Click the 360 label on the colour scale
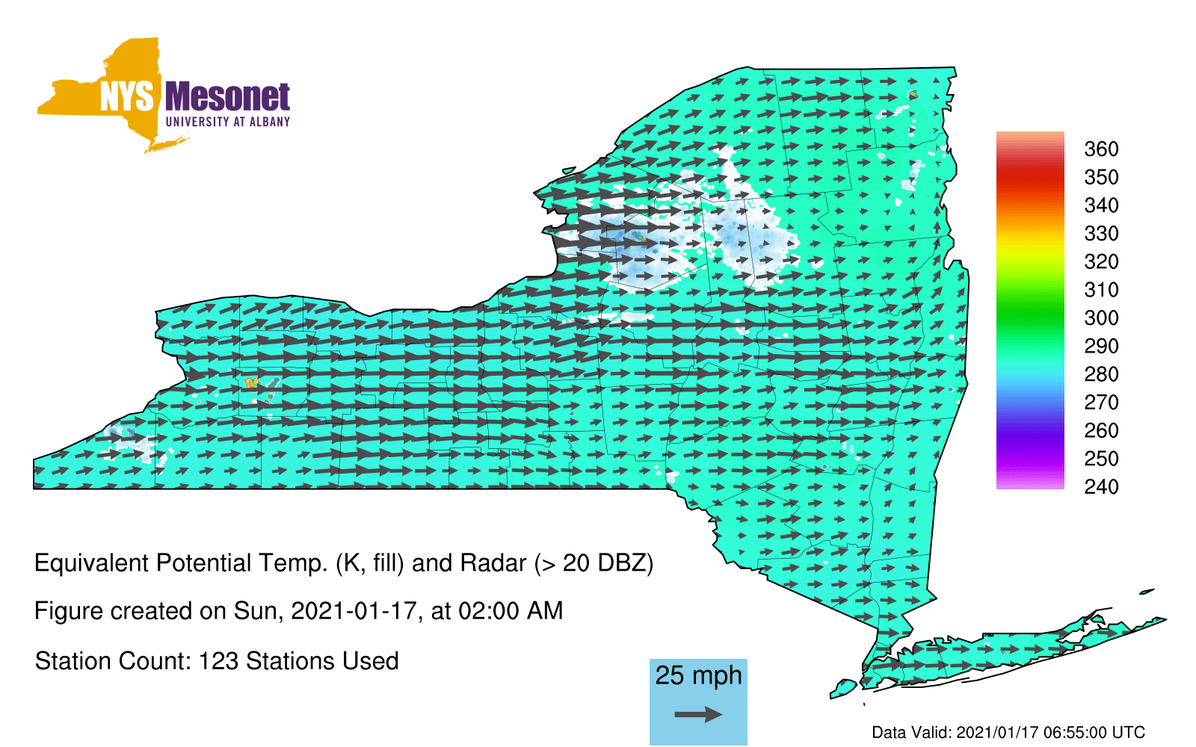(1101, 149)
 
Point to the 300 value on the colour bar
(1101, 318)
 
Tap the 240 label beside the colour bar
(1101, 486)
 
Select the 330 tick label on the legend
(1101, 233)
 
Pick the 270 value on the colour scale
(1101, 403)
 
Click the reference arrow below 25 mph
(698, 714)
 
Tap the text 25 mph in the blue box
(698, 675)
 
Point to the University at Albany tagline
(228, 122)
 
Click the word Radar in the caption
(493, 563)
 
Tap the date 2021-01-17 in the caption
(354, 611)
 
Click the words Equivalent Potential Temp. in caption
(181, 563)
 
